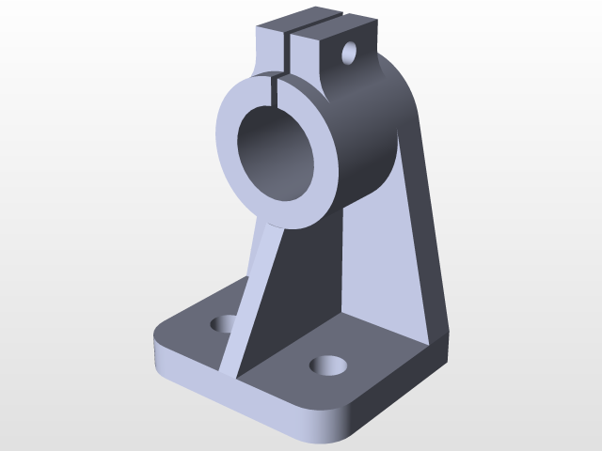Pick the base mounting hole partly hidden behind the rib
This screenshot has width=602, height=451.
(224, 324)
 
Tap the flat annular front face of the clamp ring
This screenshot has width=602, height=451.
(230, 141)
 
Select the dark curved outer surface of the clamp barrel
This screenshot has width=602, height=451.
(362, 141)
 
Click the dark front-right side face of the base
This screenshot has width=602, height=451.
(395, 395)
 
